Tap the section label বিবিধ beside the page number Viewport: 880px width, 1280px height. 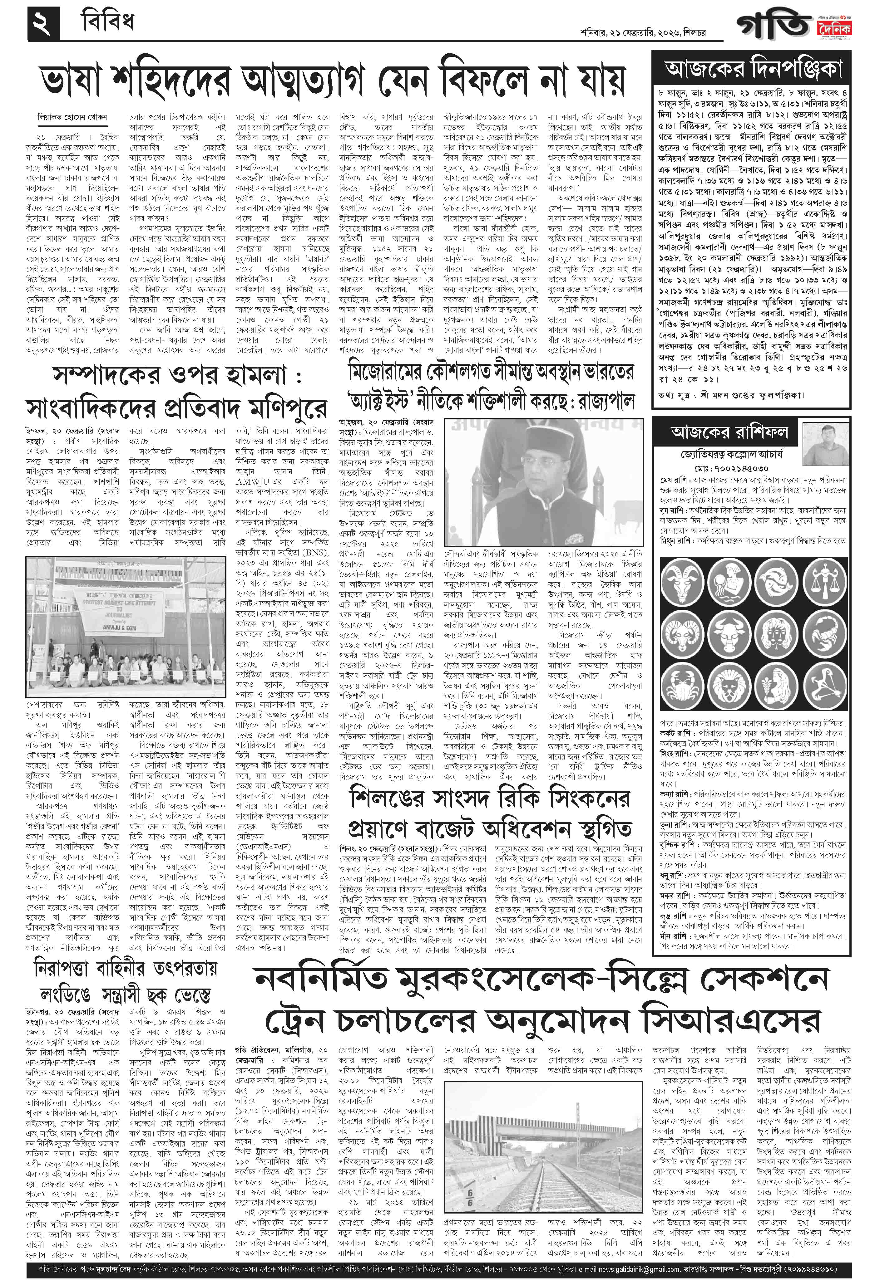click(x=107, y=22)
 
